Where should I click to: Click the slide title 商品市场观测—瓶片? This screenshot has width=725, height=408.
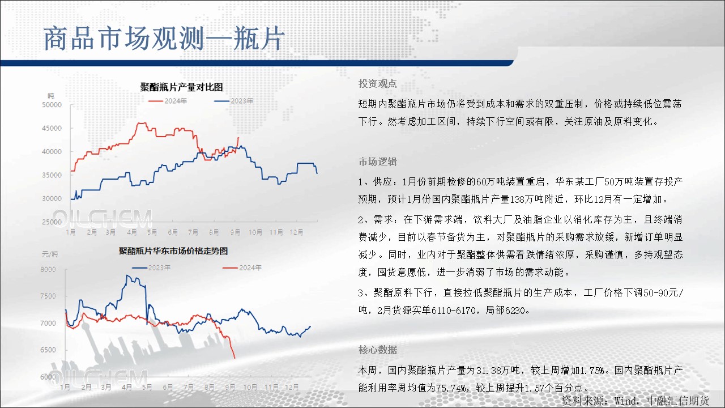tap(164, 39)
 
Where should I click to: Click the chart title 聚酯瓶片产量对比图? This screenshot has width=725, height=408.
tap(181, 87)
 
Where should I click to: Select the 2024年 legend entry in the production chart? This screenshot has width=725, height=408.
tap(168, 101)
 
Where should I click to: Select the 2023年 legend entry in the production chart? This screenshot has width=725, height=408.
tap(234, 101)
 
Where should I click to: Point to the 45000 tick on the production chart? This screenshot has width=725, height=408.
tap(52, 128)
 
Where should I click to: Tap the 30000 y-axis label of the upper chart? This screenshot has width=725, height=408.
tap(52, 198)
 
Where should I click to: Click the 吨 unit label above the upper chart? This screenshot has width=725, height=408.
tap(51, 96)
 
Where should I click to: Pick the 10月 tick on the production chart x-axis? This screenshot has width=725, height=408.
tap(255, 232)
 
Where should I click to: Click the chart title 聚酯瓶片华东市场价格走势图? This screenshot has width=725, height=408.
tap(173, 251)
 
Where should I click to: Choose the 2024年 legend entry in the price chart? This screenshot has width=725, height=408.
tap(242, 268)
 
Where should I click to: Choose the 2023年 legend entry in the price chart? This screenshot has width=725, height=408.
tap(151, 268)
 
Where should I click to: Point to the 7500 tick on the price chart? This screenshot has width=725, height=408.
tap(48, 296)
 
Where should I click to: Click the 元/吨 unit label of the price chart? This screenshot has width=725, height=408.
tap(50, 254)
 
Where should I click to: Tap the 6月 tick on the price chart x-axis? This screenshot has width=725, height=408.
tap(168, 387)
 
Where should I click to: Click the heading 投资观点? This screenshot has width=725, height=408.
tap(377, 83)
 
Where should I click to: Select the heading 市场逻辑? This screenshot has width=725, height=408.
tap(377, 161)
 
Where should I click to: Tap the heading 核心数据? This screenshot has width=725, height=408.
tap(377, 350)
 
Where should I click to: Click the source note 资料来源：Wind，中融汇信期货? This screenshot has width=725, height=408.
tap(635, 401)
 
